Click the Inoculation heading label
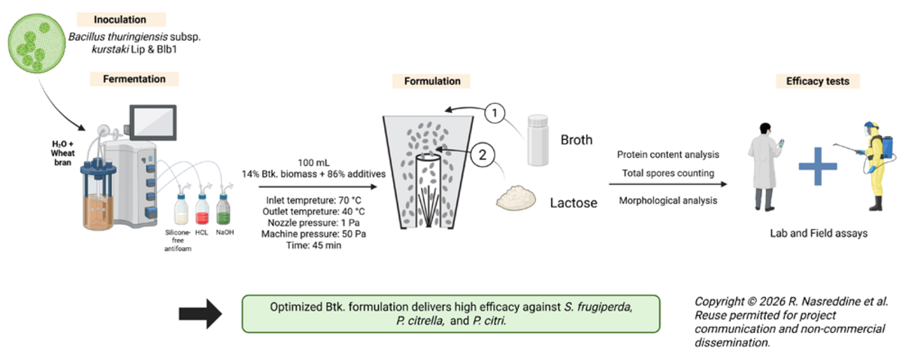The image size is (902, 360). [x=120, y=19]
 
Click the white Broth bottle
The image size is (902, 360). [x=537, y=139]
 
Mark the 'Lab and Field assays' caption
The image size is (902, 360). [x=819, y=234]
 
